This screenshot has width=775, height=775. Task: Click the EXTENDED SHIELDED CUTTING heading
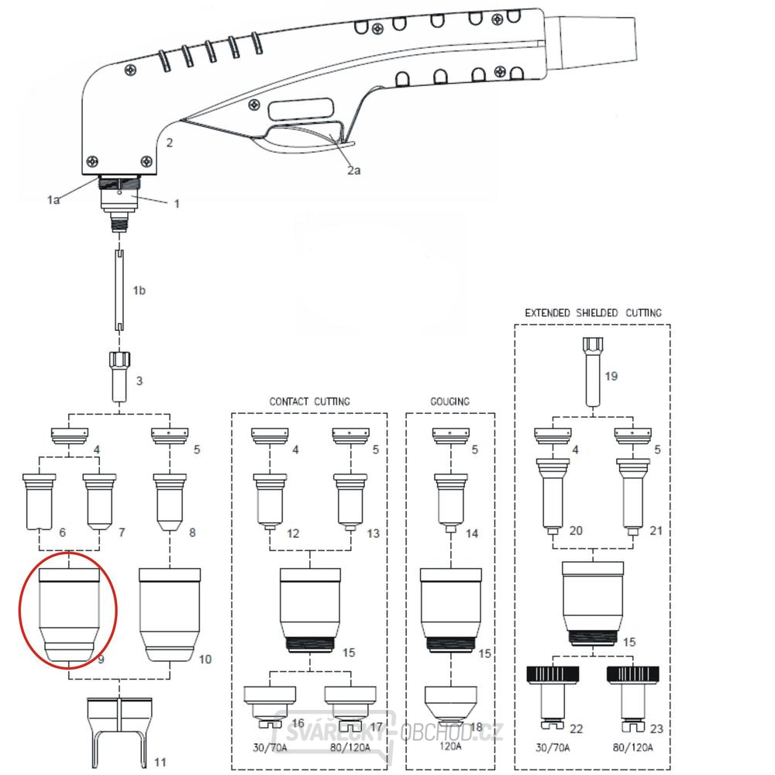coord(593,313)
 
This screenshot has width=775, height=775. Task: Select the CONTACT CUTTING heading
coord(309,401)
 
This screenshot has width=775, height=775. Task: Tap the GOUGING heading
coord(450,401)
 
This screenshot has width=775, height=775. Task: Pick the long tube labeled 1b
coord(121,291)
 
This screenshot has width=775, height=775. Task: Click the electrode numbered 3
coord(120,375)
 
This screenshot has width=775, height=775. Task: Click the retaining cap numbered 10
coord(170,613)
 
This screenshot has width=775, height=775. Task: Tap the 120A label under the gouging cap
coord(449,746)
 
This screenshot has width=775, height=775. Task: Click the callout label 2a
coord(353,170)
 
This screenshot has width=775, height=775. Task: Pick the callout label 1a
coord(53,199)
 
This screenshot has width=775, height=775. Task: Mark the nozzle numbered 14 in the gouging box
coord(449,501)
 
